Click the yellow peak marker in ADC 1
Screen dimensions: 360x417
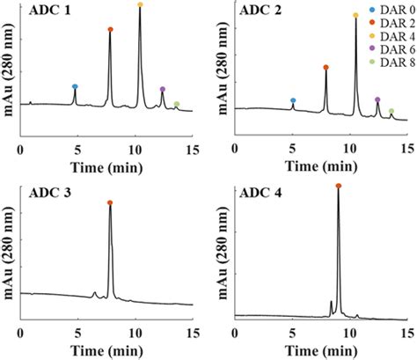point(141,5)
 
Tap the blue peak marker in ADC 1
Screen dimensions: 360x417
point(75,86)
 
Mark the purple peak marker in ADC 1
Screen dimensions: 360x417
point(163,89)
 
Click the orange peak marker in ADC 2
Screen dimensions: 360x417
point(326,67)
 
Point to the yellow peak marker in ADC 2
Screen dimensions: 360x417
point(355,15)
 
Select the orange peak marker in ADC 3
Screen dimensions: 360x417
point(110,202)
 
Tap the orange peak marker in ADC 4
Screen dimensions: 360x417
point(338,186)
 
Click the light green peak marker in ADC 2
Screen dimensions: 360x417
point(391,111)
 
